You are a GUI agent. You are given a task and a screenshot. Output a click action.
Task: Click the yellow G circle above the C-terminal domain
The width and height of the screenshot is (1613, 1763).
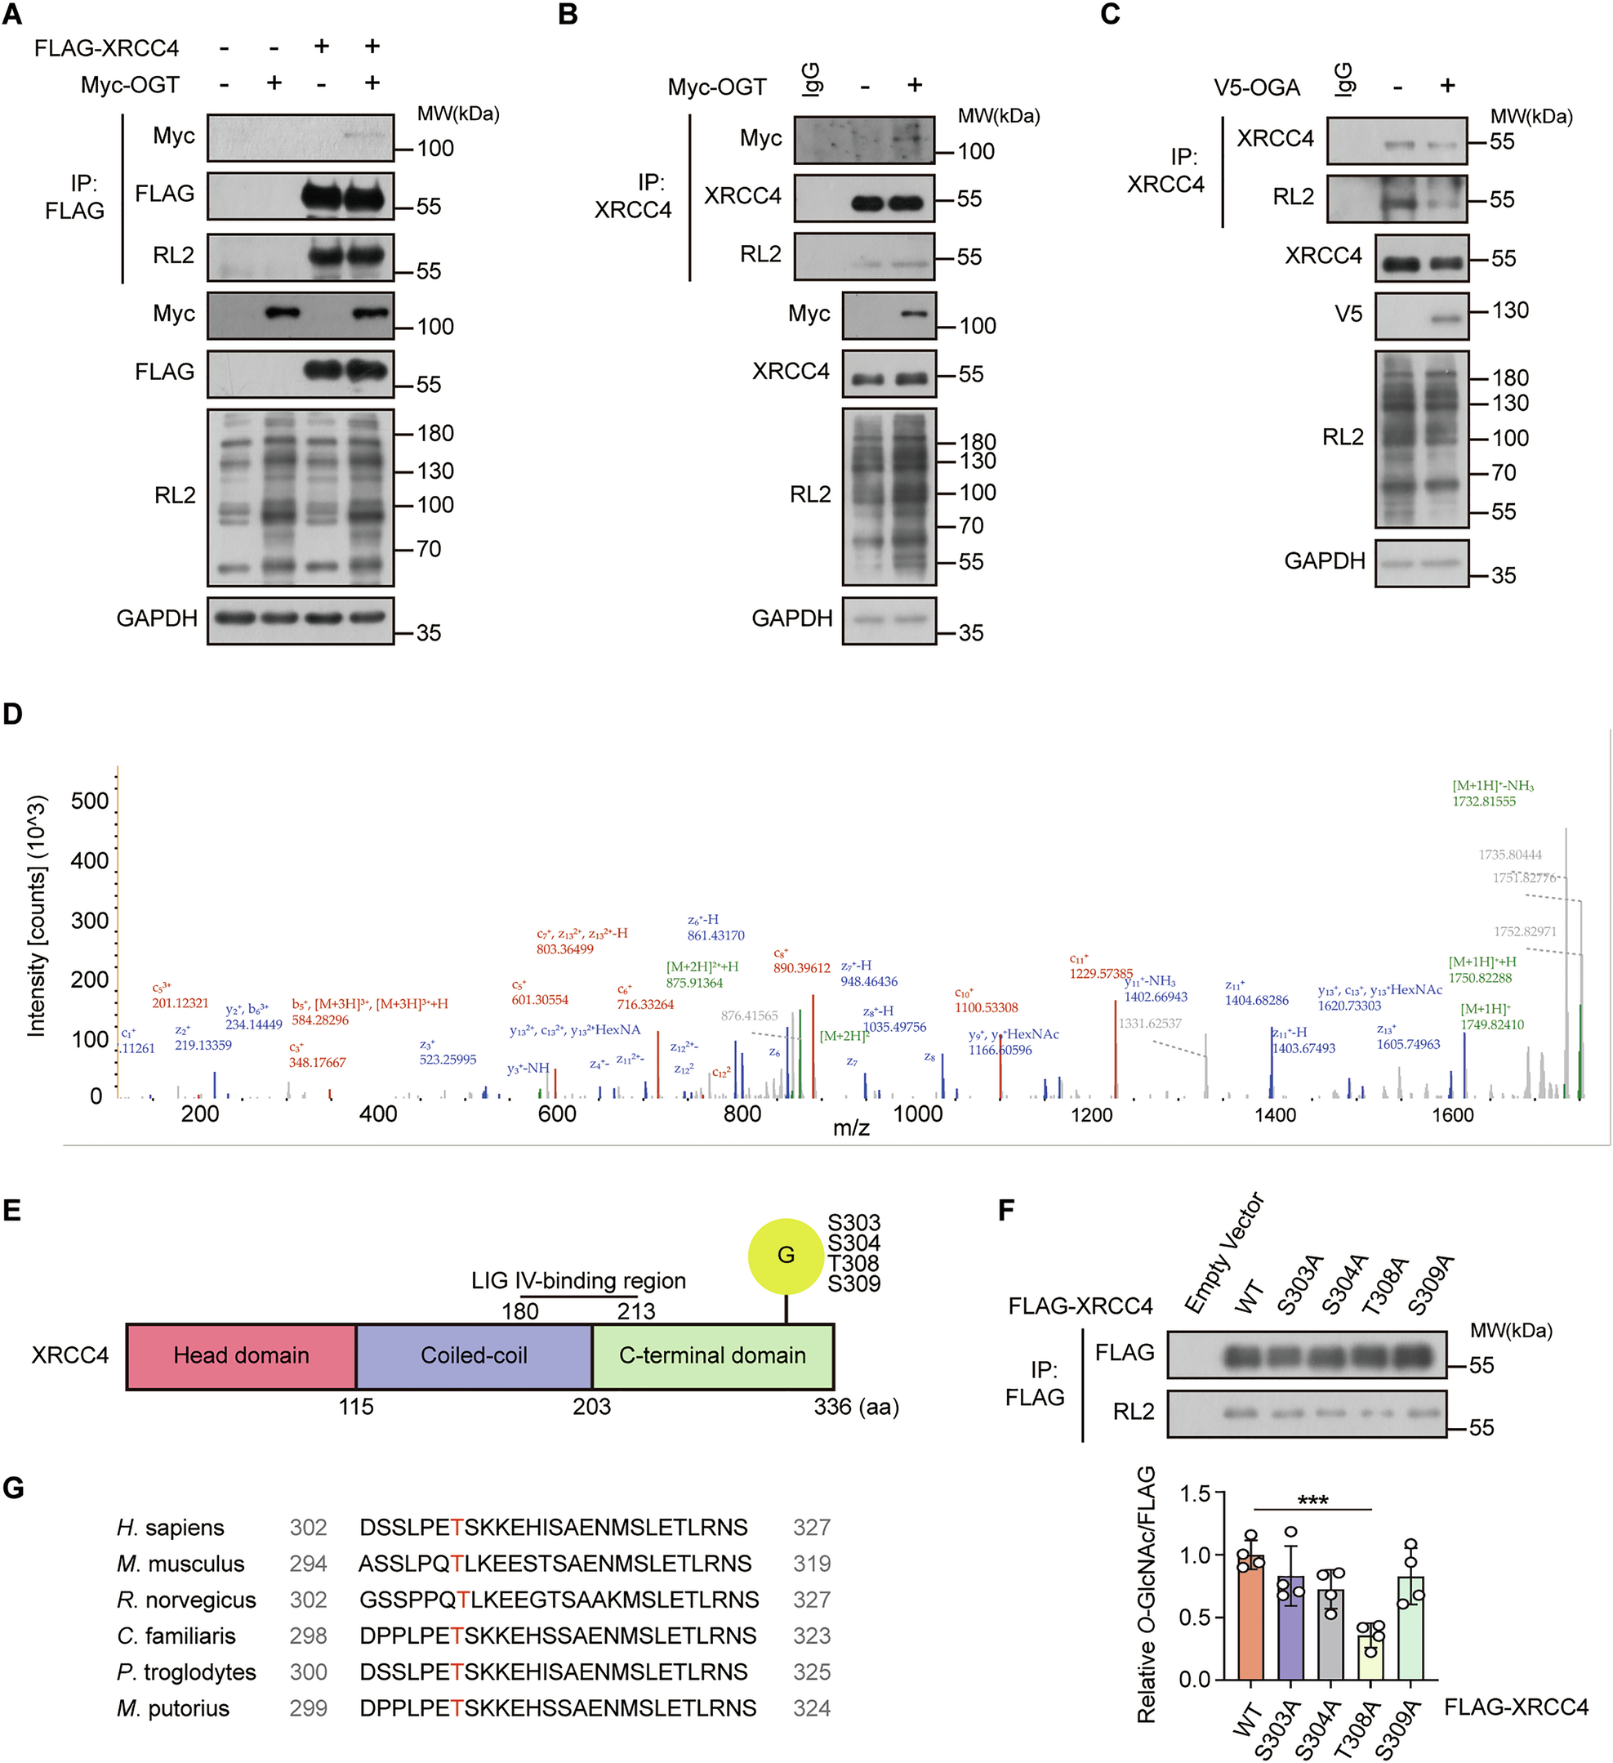[785, 1256]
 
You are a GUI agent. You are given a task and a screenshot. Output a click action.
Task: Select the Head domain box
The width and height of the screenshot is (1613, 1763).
[240, 1355]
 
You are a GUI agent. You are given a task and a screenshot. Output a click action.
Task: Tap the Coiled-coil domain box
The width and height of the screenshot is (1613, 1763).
[474, 1355]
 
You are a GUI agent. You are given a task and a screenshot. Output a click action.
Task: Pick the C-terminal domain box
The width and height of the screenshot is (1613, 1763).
[712, 1355]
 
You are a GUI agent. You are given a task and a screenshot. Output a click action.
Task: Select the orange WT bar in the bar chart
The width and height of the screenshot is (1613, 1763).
[1250, 1618]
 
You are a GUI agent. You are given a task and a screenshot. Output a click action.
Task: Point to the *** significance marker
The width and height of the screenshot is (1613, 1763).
[1312, 1502]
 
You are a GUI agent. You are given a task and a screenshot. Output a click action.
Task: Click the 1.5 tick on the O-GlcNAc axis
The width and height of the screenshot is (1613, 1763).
[1194, 1493]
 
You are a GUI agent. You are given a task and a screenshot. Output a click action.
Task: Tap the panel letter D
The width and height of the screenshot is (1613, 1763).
[12, 713]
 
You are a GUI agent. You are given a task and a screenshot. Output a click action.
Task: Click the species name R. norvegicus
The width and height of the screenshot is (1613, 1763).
[186, 1600]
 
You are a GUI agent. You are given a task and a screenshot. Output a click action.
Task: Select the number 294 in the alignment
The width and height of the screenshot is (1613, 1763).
[308, 1564]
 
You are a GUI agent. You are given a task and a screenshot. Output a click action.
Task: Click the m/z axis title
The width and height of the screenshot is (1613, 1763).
[851, 1128]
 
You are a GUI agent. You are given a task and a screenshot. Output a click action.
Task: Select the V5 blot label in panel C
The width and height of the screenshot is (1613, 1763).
[1348, 314]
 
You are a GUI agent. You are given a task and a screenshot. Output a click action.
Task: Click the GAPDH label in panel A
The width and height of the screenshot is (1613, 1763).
[157, 618]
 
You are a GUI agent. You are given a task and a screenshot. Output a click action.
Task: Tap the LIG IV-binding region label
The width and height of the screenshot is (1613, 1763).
[578, 1281]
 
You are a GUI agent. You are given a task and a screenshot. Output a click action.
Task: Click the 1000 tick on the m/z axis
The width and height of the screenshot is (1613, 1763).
[917, 1114]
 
